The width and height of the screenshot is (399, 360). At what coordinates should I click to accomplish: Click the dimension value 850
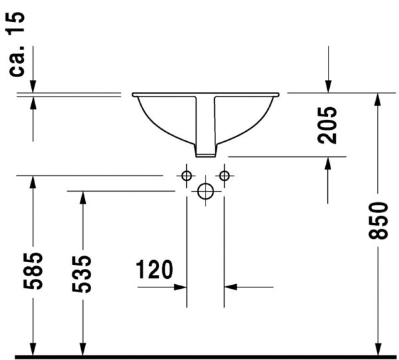[x=378, y=220]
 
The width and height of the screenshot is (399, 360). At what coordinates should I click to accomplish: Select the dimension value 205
[x=327, y=124]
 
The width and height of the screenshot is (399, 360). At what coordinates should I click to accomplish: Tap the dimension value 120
[x=154, y=270]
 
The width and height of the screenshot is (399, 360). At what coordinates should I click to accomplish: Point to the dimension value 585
[x=33, y=271]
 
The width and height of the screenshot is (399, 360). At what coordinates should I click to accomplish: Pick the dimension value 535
[x=82, y=273]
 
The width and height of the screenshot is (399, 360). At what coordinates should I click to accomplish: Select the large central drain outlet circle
[x=205, y=192]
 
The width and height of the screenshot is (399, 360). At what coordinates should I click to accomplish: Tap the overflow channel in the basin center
[x=205, y=123]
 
